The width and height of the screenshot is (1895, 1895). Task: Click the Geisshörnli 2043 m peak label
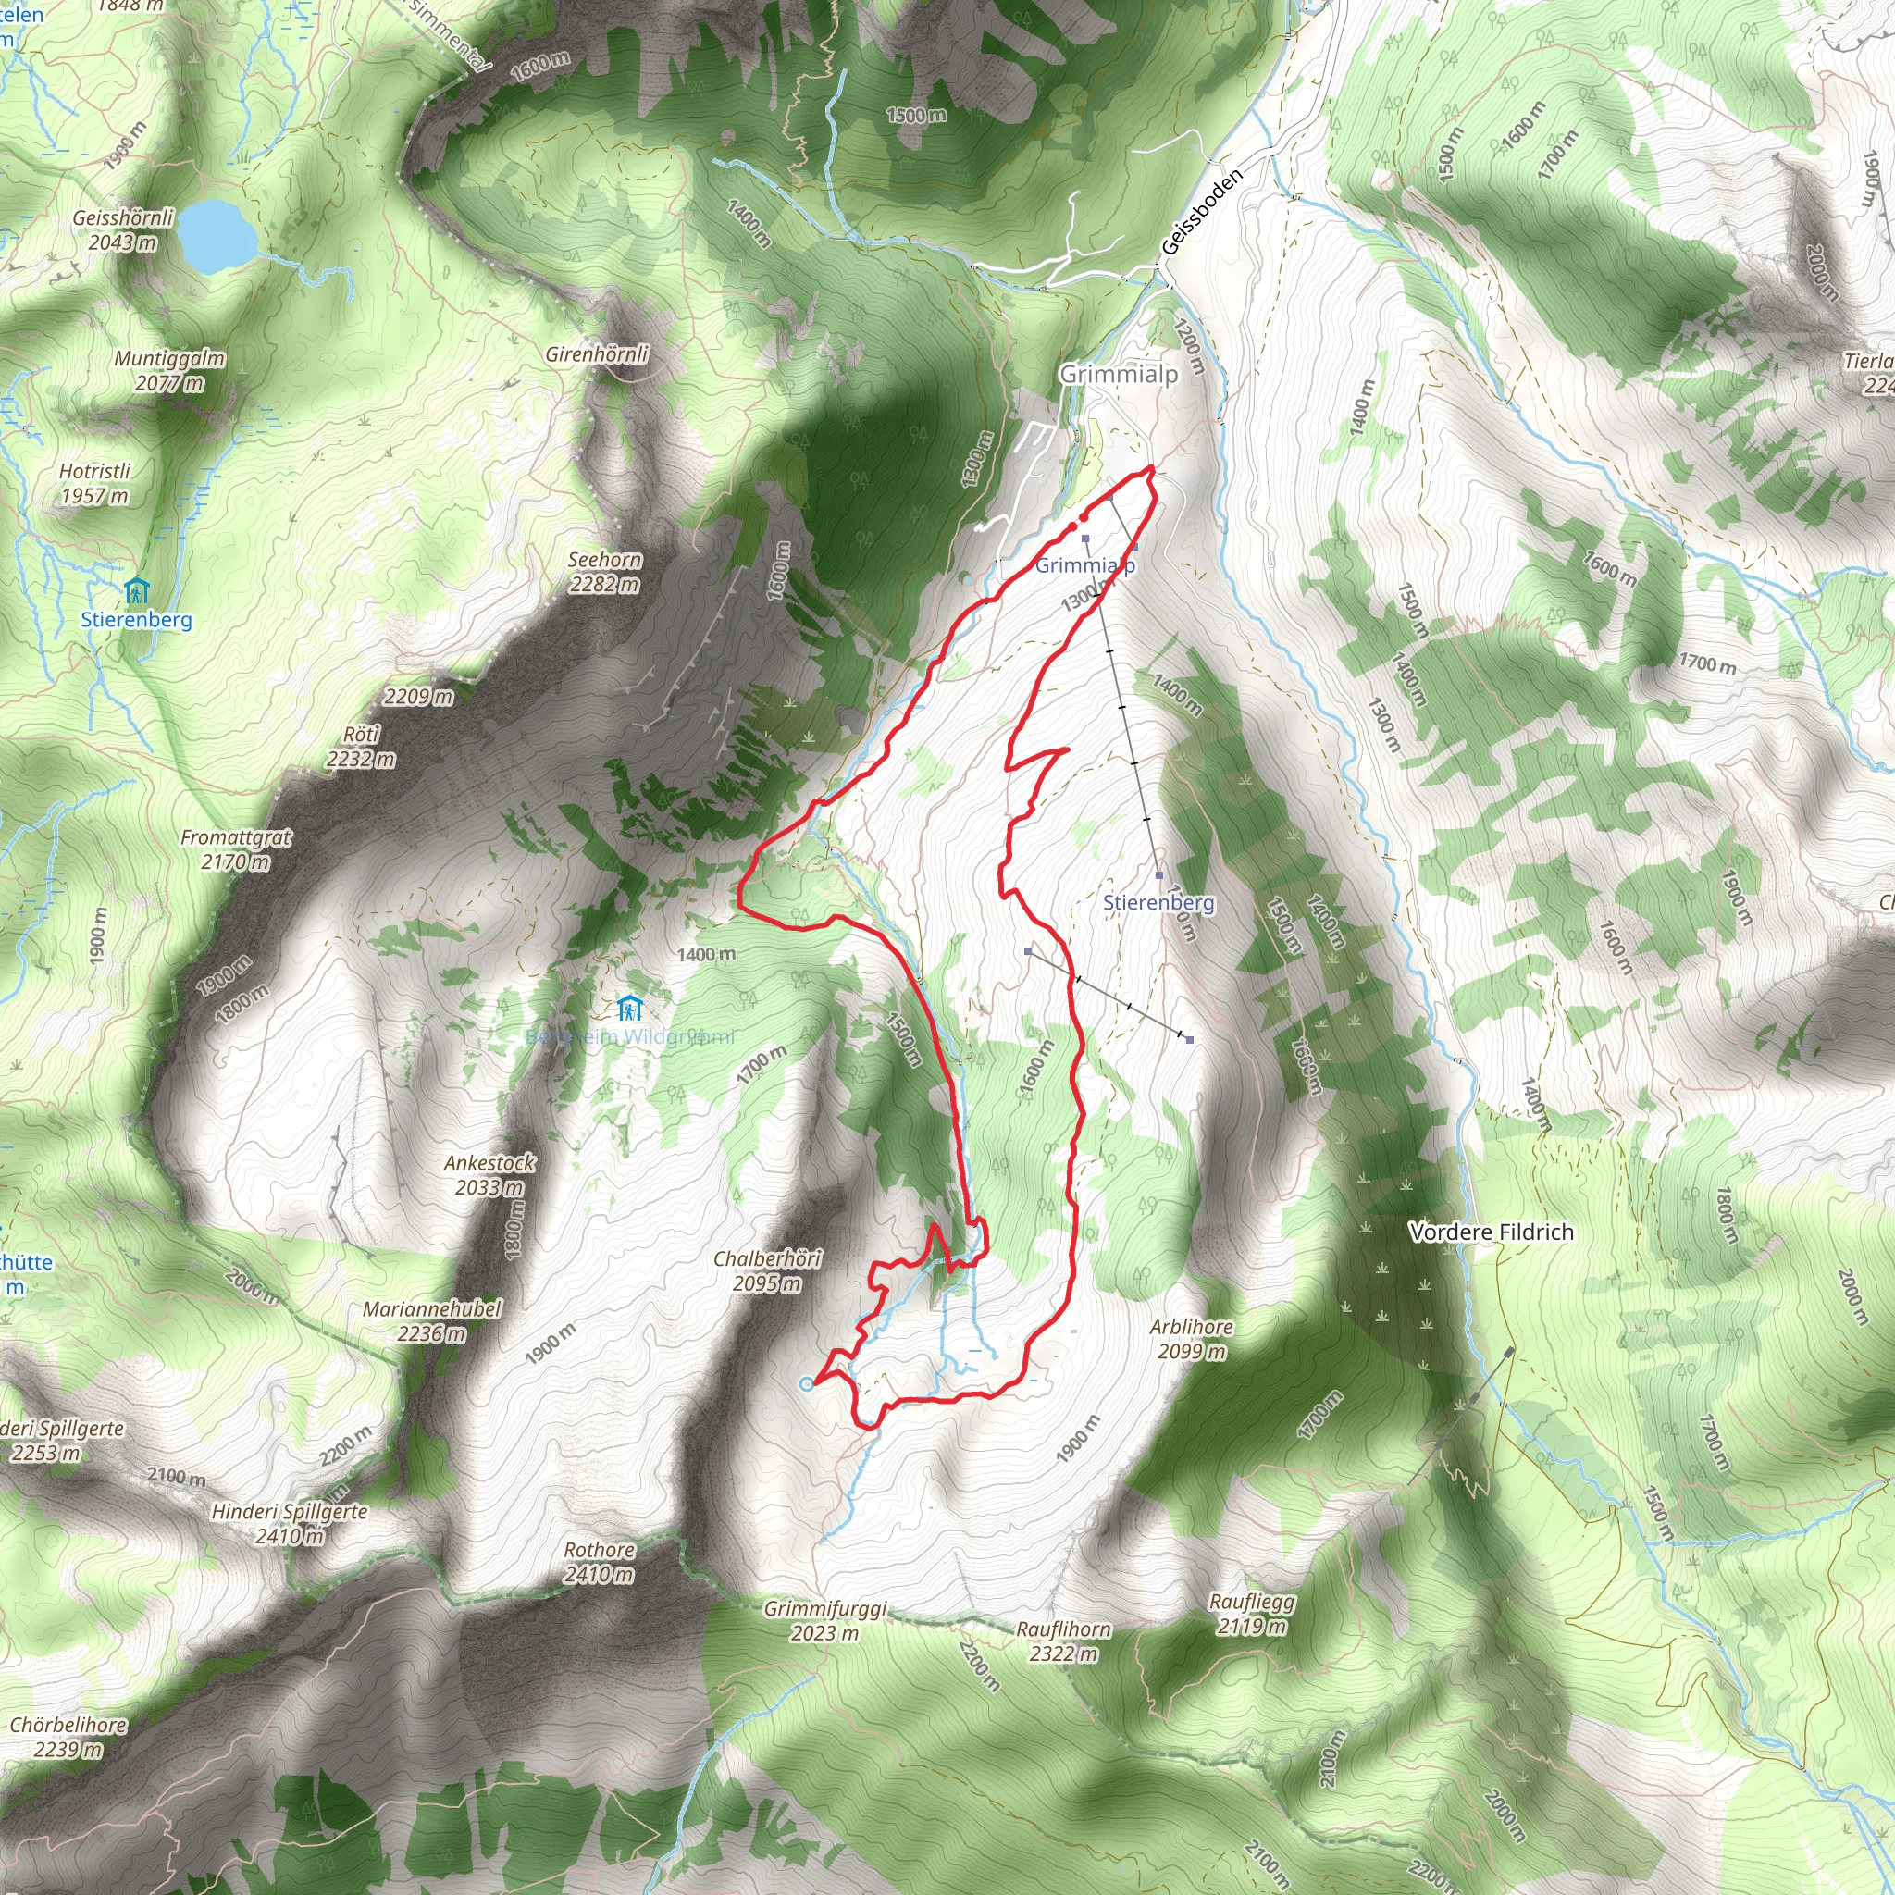(123, 229)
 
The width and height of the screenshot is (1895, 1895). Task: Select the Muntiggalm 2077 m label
(169, 371)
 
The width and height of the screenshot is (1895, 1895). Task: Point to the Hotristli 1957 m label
(94, 484)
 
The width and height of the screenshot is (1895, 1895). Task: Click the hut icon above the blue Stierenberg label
(136, 590)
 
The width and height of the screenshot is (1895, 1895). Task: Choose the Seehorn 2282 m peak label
(605, 572)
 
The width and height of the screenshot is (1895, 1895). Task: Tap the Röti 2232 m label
(361, 747)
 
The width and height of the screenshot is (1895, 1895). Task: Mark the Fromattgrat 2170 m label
(235, 849)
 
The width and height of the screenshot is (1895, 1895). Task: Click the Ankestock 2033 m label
(489, 1175)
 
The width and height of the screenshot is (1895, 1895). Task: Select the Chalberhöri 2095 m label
(767, 1270)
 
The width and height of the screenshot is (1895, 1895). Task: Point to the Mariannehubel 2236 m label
(431, 1321)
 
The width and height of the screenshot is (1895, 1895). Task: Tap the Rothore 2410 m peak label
(600, 1563)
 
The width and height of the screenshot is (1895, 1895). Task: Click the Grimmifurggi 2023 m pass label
(824, 1620)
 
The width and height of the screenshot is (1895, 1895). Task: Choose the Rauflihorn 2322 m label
(1063, 1641)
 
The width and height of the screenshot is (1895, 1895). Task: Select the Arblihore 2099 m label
(1192, 1339)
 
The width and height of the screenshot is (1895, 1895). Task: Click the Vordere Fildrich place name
(1491, 1232)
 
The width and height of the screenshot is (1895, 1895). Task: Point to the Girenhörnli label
(598, 353)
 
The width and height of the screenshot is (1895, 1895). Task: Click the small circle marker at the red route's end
(806, 1384)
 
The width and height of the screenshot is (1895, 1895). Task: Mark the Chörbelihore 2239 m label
(68, 1737)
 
